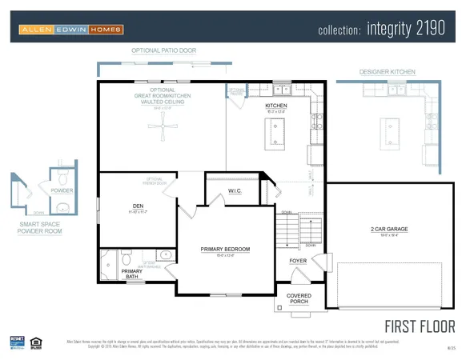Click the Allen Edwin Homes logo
72,30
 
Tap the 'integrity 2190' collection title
387,30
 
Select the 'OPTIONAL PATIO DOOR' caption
163,50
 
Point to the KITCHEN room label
275,106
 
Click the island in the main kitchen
277,132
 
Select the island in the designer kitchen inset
392,126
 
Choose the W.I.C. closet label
235,190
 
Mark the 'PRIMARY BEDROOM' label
225,249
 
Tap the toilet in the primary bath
126,257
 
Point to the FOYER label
298,261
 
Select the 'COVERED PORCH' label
299,299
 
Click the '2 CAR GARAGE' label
389,229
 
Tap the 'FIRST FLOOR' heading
420,326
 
